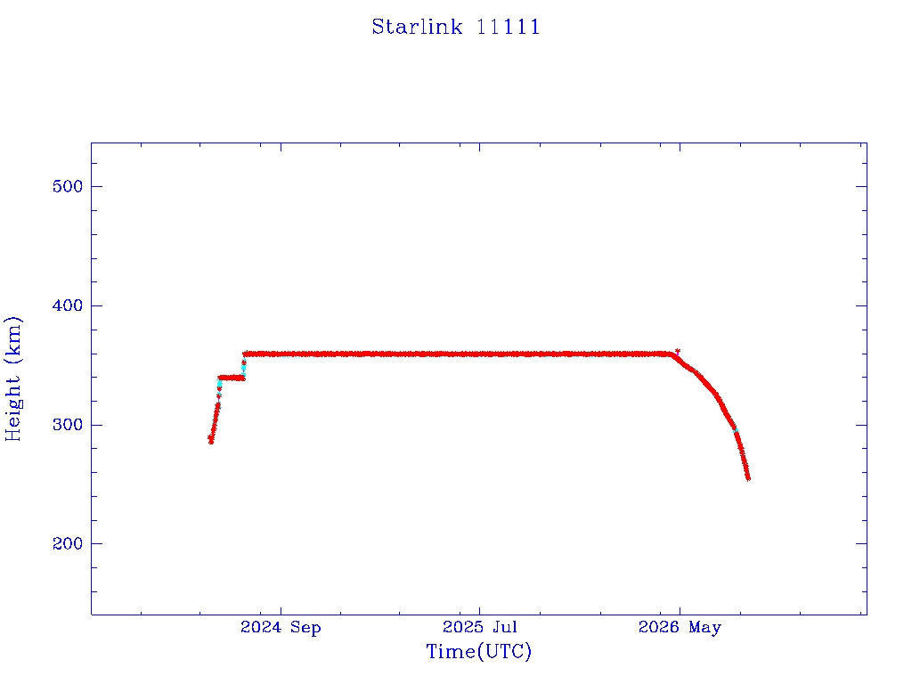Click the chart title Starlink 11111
456,27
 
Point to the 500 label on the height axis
68,186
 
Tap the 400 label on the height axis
68,305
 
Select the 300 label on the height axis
68,425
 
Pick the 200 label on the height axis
68,543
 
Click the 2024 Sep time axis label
281,628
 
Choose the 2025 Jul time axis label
480,627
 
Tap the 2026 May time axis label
680,628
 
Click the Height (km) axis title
12,379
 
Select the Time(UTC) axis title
479,651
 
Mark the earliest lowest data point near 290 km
210,440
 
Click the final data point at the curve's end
748,478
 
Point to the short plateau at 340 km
232,378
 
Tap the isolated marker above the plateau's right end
678,351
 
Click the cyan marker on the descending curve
735,430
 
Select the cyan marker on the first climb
219,384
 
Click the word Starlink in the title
417,27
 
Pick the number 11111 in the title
509,27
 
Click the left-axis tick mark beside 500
96,186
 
